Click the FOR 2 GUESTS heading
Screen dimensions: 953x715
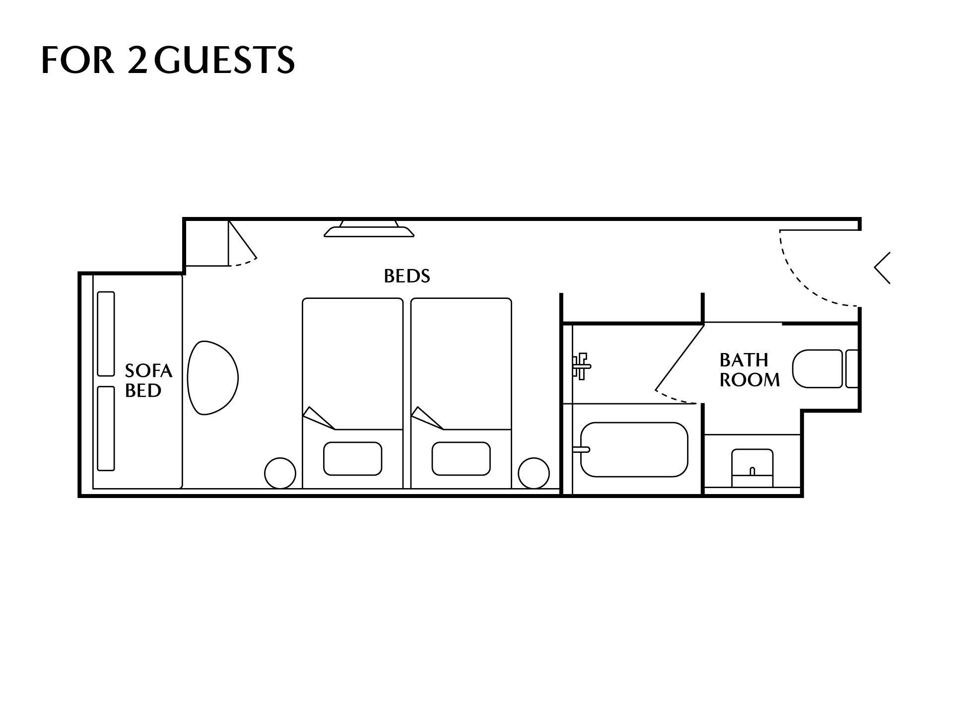tap(168, 60)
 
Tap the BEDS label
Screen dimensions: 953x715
tap(407, 276)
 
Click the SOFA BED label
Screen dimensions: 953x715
tap(148, 381)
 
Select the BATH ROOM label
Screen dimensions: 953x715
tap(749, 370)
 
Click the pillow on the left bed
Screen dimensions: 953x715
tap(352, 458)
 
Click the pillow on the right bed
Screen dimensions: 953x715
tap(461, 458)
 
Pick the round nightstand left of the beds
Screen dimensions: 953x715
tap(280, 473)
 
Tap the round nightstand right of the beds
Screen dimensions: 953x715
tap(534, 473)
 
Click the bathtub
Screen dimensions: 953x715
tap(634, 449)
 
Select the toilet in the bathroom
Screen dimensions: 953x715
tap(825, 369)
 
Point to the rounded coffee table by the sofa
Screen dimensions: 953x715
tap(213, 377)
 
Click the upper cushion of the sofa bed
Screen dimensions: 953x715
tap(106, 334)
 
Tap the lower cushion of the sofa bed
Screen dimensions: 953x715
tap(106, 428)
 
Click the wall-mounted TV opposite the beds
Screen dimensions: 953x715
tap(369, 229)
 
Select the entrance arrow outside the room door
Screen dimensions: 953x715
tap(882, 268)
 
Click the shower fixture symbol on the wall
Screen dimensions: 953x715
tap(581, 366)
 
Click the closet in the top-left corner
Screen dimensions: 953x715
tap(207, 243)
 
